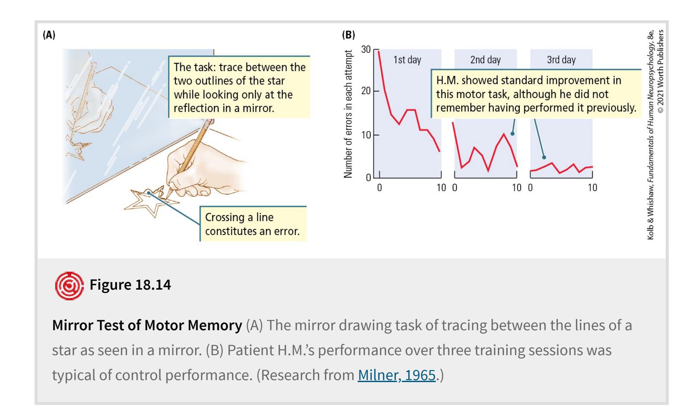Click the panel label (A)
(49, 35)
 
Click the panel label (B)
(348, 35)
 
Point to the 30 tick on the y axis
(366, 50)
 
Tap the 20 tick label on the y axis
(366, 91)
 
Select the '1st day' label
(407, 60)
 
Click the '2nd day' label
(485, 60)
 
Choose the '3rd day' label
(561, 60)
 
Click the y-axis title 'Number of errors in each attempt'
(348, 114)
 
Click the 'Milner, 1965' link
(396, 375)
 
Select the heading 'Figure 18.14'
(130, 285)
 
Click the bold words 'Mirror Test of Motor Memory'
(147, 325)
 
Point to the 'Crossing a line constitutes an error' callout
(252, 224)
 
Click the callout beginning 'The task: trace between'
(239, 87)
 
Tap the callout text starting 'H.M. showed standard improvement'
(536, 94)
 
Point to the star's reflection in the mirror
(79, 151)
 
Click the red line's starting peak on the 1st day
(379, 51)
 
